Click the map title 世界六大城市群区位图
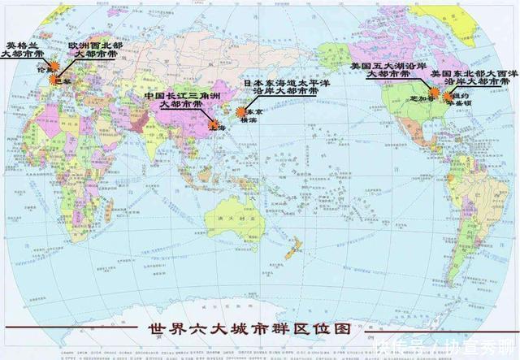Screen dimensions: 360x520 [x=252, y=331]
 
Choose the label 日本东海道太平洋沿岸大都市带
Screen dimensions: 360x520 [x=280, y=88]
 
